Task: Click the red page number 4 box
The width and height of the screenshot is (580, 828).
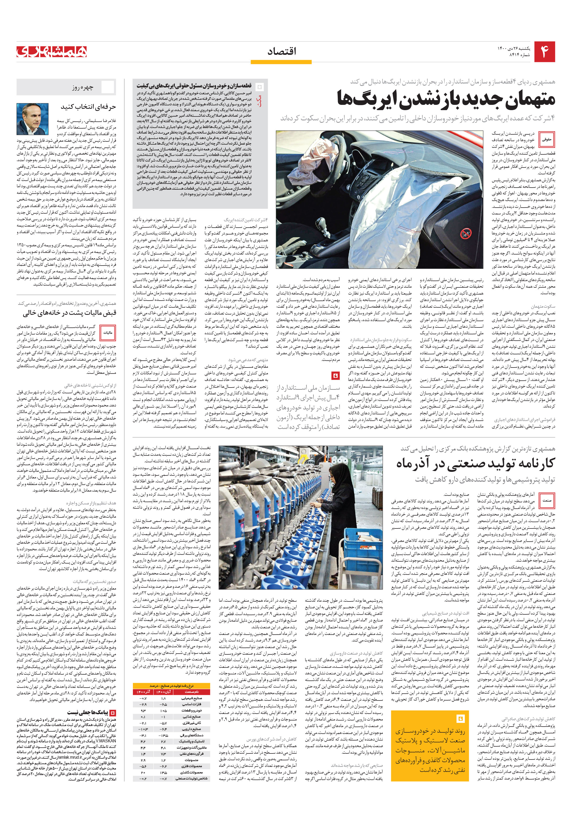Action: pyautogui.click(x=544, y=52)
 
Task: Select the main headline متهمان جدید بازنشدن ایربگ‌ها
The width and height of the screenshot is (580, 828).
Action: pyautogui.click(x=446, y=99)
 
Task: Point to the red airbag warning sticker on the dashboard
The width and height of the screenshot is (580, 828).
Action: pyautogui.click(x=465, y=234)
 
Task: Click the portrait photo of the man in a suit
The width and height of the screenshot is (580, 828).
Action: pyautogui.click(x=32, y=119)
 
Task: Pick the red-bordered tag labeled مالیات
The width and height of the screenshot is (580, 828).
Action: pyautogui.click(x=108, y=333)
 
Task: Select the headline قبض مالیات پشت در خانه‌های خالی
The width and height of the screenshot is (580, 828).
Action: pyautogui.click(x=69, y=313)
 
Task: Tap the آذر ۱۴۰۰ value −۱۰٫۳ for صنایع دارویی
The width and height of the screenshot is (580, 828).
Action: pyautogui.click(x=143, y=729)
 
